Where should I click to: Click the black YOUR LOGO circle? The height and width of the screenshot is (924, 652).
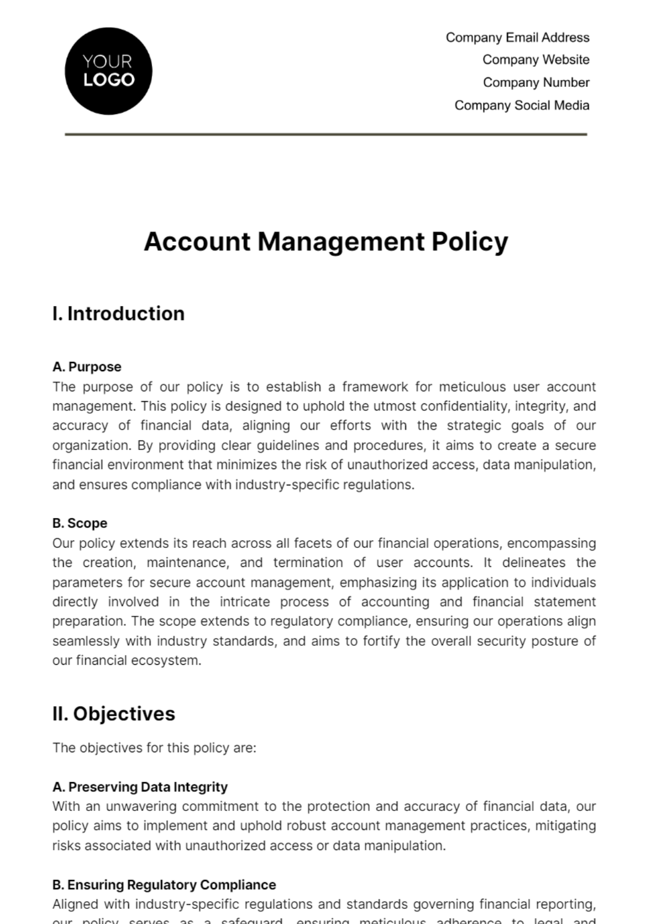pos(108,71)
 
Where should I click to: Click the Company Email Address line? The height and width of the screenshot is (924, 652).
pos(517,38)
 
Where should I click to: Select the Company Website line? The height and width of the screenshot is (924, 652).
pos(536,60)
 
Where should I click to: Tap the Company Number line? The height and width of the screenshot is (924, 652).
pos(536,83)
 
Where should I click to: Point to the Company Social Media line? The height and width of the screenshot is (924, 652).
pos(522,105)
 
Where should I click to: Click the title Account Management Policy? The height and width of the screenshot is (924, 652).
pos(325,242)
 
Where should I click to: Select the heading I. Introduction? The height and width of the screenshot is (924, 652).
pos(118,314)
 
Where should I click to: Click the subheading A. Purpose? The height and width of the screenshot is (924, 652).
pos(87,367)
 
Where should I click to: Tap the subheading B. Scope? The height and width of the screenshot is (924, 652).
pos(80,523)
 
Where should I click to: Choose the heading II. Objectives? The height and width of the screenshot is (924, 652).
pos(114,714)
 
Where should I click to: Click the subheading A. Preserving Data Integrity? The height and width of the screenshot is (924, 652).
pos(140,787)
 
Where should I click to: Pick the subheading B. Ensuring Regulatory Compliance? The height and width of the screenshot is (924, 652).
pos(164,885)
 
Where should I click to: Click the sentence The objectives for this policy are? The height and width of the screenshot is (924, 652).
pos(154,748)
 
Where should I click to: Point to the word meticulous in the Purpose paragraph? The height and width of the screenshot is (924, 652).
pos(472,387)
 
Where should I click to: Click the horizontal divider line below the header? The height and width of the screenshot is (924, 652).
pos(326,134)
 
